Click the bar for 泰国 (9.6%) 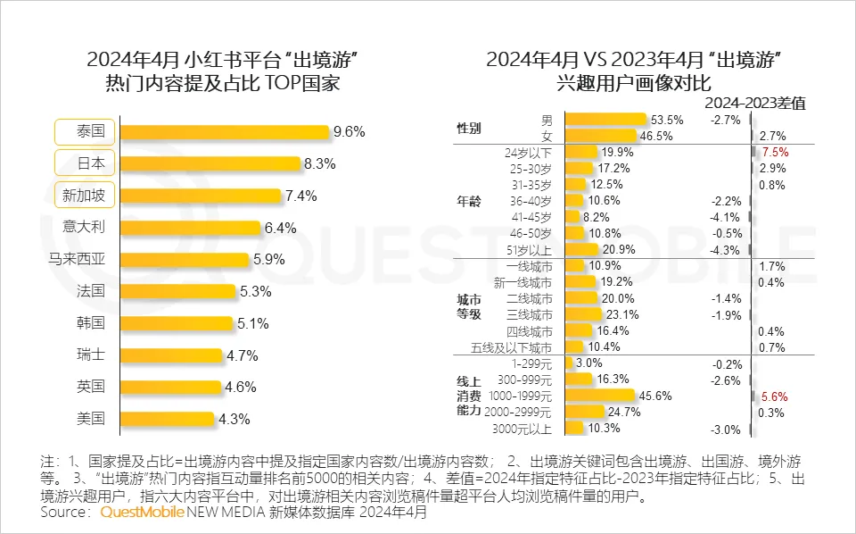pos(224,132)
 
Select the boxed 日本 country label pos(85,163)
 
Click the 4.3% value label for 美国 pos(234,418)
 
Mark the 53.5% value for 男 pos(667,119)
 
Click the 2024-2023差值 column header pos(760,103)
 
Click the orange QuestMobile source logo pos(143,513)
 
